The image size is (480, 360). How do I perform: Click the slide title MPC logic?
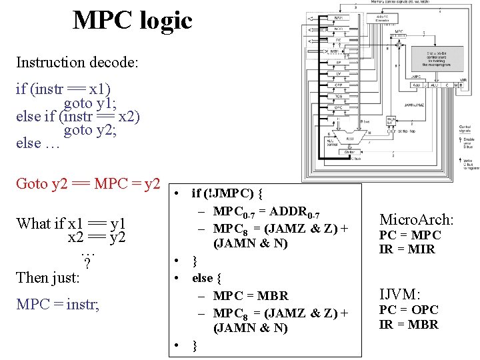[x=132, y=21]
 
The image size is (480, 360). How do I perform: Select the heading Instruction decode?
[x=77, y=63]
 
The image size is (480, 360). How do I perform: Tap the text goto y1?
[x=90, y=103]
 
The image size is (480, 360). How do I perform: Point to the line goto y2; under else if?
[x=90, y=130]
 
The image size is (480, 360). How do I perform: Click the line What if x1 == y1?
[x=71, y=223]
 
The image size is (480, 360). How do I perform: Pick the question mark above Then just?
[x=87, y=262]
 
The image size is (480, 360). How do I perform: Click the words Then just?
[x=48, y=277]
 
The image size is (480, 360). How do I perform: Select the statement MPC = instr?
[x=57, y=305]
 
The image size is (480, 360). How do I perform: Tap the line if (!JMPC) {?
[x=227, y=194]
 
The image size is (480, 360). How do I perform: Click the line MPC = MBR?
[x=251, y=295]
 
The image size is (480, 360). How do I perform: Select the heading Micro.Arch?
[x=416, y=219]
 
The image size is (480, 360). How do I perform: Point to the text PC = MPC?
[x=410, y=235]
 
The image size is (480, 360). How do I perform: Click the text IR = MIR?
[x=407, y=249]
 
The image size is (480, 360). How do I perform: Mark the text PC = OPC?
[x=409, y=310]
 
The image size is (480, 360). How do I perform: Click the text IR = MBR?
[x=409, y=325]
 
